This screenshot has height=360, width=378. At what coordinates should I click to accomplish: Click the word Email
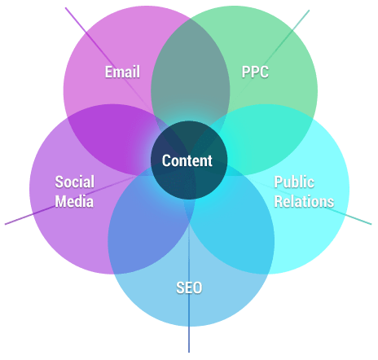(x=122, y=72)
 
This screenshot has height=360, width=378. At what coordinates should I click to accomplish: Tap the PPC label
(x=255, y=72)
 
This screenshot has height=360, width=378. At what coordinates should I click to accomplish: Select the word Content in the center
(x=187, y=160)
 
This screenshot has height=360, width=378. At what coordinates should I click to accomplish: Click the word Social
(x=75, y=182)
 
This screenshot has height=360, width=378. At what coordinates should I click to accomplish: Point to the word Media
(x=74, y=201)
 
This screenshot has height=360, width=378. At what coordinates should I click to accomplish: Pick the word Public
(x=294, y=182)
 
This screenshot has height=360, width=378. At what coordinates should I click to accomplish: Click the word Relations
(x=304, y=201)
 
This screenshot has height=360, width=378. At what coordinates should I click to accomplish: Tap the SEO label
(x=189, y=288)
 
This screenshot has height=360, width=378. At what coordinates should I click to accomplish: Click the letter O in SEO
(x=197, y=288)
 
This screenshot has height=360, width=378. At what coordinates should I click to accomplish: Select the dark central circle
(x=189, y=160)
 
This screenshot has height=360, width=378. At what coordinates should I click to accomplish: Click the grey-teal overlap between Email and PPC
(x=191, y=68)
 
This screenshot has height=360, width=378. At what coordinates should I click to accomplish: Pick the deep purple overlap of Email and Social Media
(x=108, y=136)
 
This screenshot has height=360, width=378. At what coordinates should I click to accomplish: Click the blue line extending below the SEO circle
(x=189, y=340)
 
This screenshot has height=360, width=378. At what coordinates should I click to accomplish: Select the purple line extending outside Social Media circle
(x=19, y=219)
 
